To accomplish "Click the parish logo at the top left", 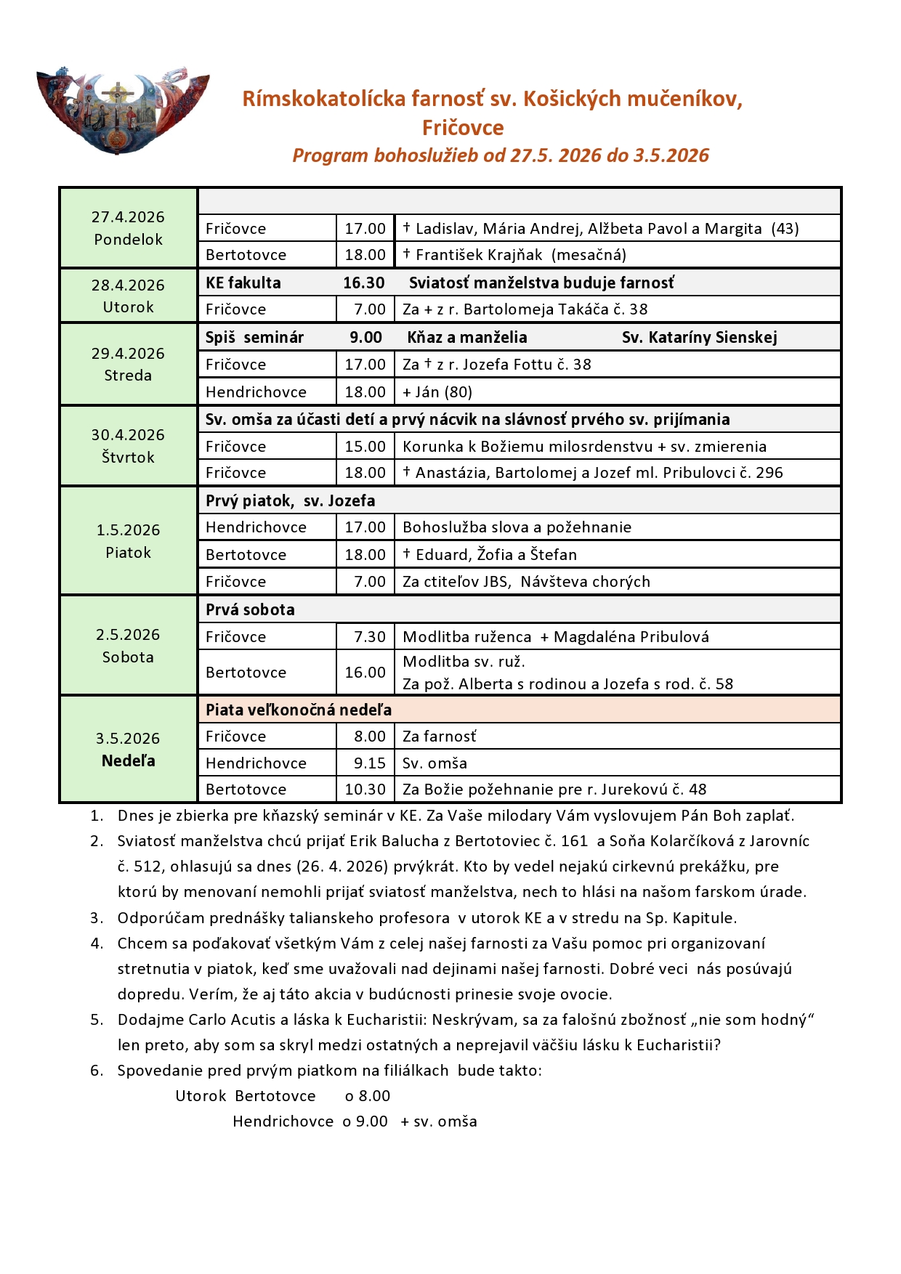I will [122, 110].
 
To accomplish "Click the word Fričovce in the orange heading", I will [463, 128].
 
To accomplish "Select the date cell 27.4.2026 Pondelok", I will [128, 228].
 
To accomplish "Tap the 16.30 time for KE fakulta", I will [364, 283].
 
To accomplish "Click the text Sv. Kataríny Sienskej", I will [699, 337].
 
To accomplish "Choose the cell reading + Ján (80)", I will [437, 392].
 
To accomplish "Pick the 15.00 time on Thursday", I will [365, 447].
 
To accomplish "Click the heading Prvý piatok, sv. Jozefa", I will [290, 500].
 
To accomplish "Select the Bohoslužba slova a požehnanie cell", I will [517, 527].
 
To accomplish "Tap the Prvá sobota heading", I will [250, 609].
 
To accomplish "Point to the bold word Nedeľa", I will [128, 760].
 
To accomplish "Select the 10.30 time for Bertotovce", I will [365, 790].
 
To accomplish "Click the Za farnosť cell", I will [440, 737].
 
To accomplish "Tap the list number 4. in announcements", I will [97, 944].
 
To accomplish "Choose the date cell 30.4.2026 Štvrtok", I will [128, 446].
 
